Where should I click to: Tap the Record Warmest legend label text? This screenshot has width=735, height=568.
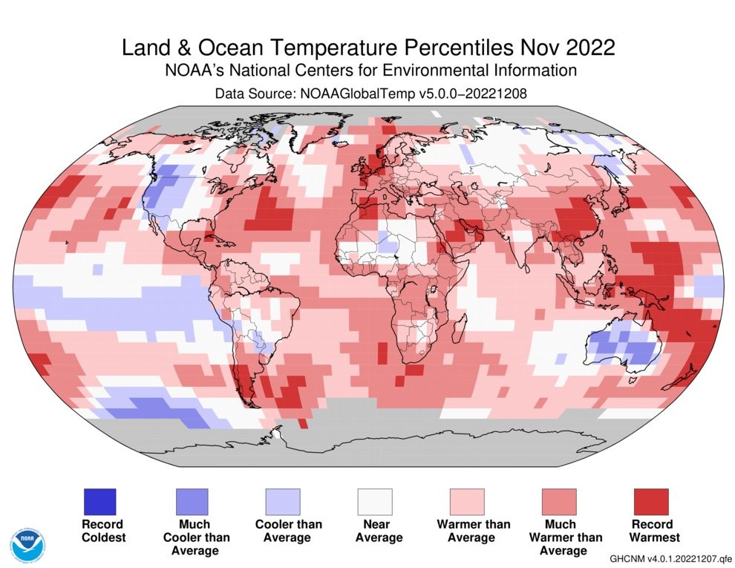pos(651,530)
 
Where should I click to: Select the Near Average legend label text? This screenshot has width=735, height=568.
pos(375,530)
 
